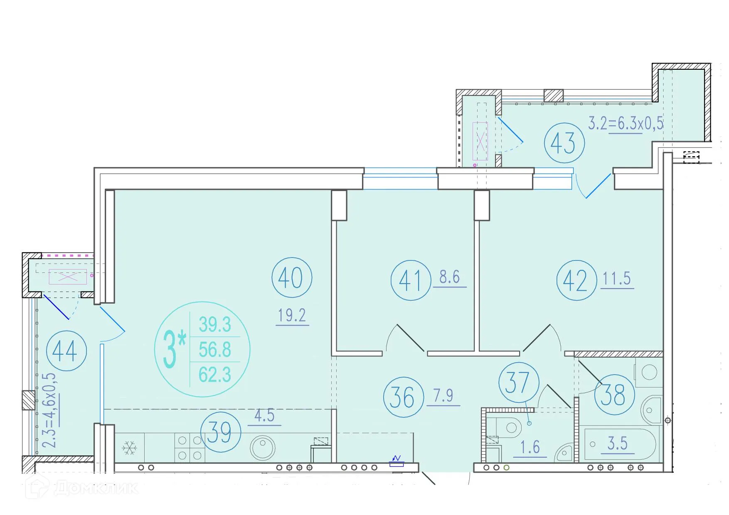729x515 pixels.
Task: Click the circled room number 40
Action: pos(292,277)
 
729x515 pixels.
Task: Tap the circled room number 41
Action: pos(411,280)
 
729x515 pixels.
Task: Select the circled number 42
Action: pos(576,280)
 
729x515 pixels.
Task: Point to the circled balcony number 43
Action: pos(564,143)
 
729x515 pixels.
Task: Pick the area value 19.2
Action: pos(292,316)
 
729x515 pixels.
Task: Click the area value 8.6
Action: pos(450,277)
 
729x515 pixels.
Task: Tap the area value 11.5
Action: pos(617,278)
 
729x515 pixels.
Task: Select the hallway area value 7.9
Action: pos(443,395)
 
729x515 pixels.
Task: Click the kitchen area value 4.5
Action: pos(265,416)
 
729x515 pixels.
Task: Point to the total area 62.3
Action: pos(215,375)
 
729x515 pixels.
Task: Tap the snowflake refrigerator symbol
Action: pos(130,448)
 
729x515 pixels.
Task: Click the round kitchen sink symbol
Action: pos(263,447)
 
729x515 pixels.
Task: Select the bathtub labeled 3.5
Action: pos(620,444)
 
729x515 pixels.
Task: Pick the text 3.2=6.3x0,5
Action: pos(626,123)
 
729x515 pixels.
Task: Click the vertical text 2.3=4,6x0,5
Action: pos(50,410)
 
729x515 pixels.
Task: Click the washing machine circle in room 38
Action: pos(649,372)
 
